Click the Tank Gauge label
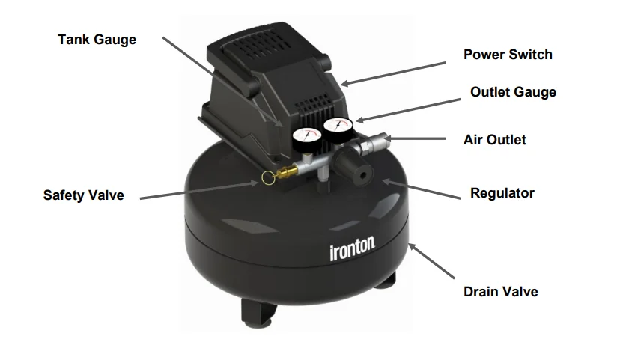click(97, 39)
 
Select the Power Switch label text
click(508, 55)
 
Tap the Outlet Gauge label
click(513, 93)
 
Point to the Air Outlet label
click(495, 140)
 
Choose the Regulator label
click(502, 193)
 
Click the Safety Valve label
click(83, 196)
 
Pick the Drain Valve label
click(500, 292)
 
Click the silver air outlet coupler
click(378, 141)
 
